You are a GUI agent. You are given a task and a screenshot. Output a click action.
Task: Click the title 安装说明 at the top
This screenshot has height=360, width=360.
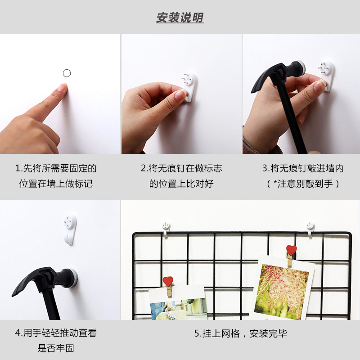coord(180,18)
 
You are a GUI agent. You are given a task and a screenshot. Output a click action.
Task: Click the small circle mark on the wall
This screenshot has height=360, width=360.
coord(67,73)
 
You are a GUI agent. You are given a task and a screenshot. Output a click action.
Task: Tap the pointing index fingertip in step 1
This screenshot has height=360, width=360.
coord(62,87)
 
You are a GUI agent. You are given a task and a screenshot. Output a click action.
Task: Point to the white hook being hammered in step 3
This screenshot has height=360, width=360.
coord(327,75)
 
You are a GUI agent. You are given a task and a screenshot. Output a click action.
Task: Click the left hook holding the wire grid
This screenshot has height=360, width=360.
coord(166,227)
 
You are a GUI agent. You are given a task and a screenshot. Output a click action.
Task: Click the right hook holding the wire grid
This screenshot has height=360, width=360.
coord(310,228)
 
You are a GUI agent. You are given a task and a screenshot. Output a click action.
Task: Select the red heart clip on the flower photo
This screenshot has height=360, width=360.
coord(292,250)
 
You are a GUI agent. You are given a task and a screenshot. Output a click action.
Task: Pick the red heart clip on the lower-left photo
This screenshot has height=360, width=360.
coord(168,282)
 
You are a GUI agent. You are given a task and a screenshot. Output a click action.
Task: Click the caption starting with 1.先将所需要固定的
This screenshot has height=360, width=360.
coord(56,169)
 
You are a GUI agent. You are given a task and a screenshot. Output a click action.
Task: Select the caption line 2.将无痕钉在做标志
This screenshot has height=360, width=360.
coord(181,169)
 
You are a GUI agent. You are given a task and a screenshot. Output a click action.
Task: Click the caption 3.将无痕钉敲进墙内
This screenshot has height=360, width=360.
coord(302,169)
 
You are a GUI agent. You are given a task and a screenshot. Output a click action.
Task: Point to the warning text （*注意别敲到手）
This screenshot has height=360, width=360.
coord(302,184)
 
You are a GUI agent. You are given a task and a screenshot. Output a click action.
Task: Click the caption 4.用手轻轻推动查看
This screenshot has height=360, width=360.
coord(56,333)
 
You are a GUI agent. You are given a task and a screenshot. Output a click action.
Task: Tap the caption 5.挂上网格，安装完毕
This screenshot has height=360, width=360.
coord(240,333)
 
